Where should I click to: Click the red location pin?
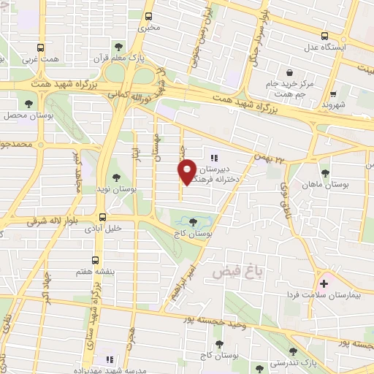(x=187, y=171)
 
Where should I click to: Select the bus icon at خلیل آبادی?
(x=102, y=217)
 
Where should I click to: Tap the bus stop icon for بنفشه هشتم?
(x=96, y=259)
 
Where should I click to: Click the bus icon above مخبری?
(x=149, y=15)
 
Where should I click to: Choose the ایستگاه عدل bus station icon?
(x=325, y=35)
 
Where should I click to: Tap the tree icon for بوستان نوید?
(x=117, y=177)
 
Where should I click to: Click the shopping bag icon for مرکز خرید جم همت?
(x=290, y=73)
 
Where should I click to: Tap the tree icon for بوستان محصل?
(x=28, y=104)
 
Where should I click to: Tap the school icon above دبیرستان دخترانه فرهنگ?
(x=214, y=157)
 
